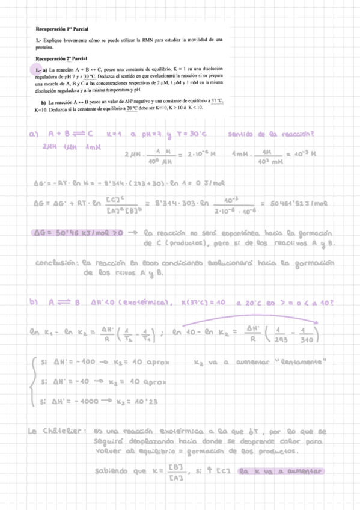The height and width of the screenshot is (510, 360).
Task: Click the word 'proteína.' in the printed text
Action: [45, 46]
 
